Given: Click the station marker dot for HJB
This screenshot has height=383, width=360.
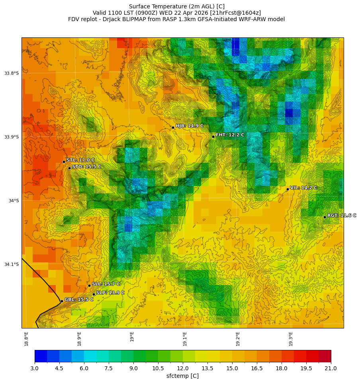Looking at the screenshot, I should pyautogui.click(x=173, y=127).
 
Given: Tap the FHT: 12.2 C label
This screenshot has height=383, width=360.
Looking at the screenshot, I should pyautogui.click(x=230, y=135).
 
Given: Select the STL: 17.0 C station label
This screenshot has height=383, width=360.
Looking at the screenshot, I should pyautogui.click(x=80, y=160).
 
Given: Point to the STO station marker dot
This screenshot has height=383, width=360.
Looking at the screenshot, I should pyautogui.click(x=69, y=168).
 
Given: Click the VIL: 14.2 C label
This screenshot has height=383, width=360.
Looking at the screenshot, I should pyautogui.click(x=303, y=188).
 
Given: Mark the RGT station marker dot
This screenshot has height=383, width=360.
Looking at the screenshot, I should pyautogui.click(x=325, y=217).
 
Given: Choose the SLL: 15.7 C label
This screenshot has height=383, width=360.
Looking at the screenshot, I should pyautogui.click(x=106, y=284).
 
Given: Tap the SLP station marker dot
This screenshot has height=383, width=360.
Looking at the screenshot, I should pyautogui.click(x=94, y=294).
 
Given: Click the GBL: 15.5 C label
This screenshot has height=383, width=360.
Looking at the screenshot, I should pyautogui.click(x=79, y=299).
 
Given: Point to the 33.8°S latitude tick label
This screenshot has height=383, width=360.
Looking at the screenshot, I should pyautogui.click(x=12, y=73).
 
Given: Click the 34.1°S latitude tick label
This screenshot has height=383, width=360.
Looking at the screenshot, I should pyautogui.click(x=12, y=264).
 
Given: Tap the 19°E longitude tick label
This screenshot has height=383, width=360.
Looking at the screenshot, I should pyautogui.click(x=132, y=336).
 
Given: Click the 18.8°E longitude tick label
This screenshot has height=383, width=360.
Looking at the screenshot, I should pyautogui.click(x=26, y=338).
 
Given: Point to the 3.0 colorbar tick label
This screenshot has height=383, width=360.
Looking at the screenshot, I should pyautogui.click(x=35, y=368).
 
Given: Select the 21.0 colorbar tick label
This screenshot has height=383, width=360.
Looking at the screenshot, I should pyautogui.click(x=331, y=368).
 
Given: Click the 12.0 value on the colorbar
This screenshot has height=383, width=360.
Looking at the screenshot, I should pyautogui.click(x=183, y=368).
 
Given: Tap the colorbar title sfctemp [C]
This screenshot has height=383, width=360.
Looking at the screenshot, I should pyautogui.click(x=182, y=376).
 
